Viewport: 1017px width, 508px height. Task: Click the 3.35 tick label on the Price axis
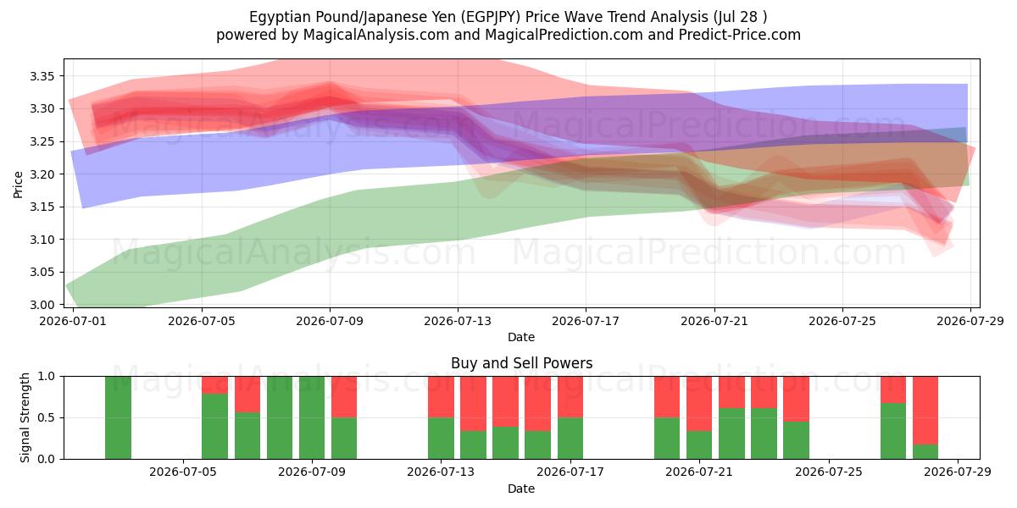pyautogui.click(x=42, y=76)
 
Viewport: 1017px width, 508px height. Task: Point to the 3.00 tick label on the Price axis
pyautogui.click(x=42, y=305)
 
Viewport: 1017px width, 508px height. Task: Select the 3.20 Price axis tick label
pyautogui.click(x=42, y=174)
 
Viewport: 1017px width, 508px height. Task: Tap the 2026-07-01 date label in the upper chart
pyautogui.click(x=73, y=321)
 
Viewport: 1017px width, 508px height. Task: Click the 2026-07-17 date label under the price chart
pyautogui.click(x=586, y=321)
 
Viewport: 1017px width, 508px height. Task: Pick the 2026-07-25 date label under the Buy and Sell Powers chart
pyautogui.click(x=829, y=472)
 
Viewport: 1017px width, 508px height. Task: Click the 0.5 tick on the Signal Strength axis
pyautogui.click(x=47, y=417)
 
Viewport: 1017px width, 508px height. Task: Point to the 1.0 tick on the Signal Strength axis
pyautogui.click(x=47, y=376)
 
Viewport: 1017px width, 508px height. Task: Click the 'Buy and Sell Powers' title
pyautogui.click(x=522, y=363)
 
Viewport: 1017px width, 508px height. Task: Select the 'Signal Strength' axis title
pyautogui.click(x=25, y=417)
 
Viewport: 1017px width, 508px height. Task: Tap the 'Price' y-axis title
pyautogui.click(x=18, y=185)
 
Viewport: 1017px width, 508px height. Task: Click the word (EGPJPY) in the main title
pyautogui.click(x=491, y=17)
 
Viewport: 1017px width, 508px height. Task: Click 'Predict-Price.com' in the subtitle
pyautogui.click(x=740, y=35)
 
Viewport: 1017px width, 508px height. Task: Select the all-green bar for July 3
pyautogui.click(x=118, y=417)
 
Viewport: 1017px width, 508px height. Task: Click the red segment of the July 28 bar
pyautogui.click(x=925, y=410)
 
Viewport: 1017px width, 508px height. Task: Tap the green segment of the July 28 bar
pyautogui.click(x=925, y=452)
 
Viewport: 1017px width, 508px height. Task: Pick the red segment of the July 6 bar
pyautogui.click(x=247, y=395)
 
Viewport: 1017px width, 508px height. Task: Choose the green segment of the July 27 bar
pyautogui.click(x=893, y=431)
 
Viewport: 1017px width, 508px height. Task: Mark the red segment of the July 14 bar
pyautogui.click(x=473, y=403)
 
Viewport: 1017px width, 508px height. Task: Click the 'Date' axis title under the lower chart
pyautogui.click(x=521, y=489)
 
